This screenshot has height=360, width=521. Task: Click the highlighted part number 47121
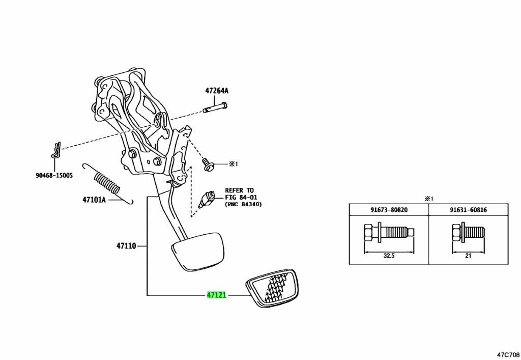click(216, 295)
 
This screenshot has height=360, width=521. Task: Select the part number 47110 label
click(126, 246)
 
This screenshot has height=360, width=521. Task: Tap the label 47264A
click(217, 91)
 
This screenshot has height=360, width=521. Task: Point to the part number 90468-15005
click(54, 175)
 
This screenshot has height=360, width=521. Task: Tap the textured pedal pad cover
click(273, 290)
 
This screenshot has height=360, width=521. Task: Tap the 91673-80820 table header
click(388, 209)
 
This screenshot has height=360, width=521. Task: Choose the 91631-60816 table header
click(469, 209)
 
